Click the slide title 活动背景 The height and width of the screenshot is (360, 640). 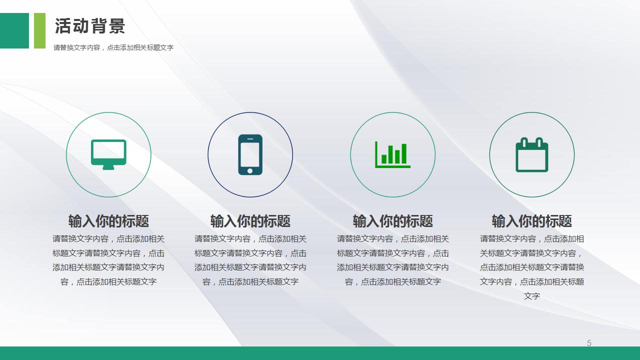tap(90, 26)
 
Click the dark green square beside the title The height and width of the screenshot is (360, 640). tap(14, 30)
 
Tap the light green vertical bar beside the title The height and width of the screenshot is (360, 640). tap(39, 30)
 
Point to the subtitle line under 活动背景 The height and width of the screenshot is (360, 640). tap(113, 48)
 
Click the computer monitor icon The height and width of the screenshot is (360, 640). tap(108, 154)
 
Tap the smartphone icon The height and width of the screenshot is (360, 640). tap(250, 154)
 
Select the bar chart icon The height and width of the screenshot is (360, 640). tap(393, 154)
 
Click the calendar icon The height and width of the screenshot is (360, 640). tap(532, 155)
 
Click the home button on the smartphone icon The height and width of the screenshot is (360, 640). tap(250, 171)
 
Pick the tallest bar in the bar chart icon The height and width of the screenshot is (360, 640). tap(404, 153)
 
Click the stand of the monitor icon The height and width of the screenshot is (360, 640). tap(108, 167)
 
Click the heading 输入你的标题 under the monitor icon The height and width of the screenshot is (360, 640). tap(108, 221)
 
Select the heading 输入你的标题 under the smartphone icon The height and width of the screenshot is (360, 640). tap(250, 221)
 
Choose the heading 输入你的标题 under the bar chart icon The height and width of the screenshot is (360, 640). tap(393, 221)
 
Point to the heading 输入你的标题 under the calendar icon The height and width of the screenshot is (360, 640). tap(532, 221)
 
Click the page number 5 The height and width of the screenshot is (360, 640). tap(589, 343)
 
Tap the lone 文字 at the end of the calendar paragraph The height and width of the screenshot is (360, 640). tap(532, 296)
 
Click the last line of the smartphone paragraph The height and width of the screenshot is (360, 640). tap(250, 282)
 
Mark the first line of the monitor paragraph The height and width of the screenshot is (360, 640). tap(108, 239)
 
